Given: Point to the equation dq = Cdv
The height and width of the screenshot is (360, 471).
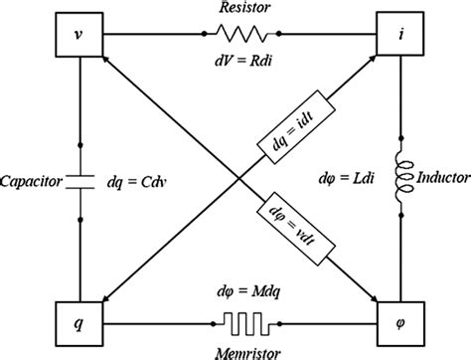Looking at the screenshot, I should [131, 182].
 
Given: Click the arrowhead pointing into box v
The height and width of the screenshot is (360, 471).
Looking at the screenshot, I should [111, 64].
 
